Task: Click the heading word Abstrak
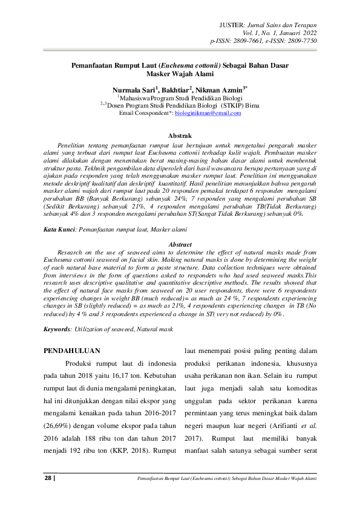[x=180, y=136]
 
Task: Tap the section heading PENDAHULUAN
[x=73, y=351]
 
